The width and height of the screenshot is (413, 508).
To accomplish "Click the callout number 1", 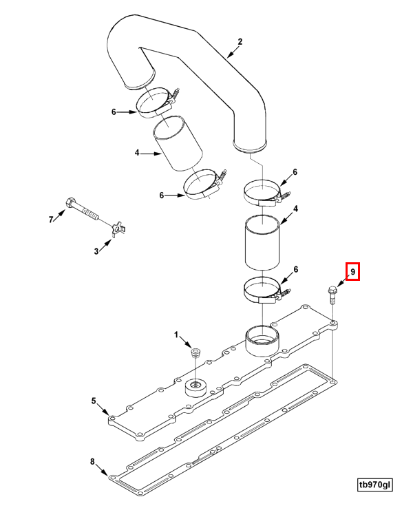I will coord(176,335).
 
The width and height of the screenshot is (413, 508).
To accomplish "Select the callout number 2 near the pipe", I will coord(240,42).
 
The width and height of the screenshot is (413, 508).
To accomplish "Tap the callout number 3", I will coord(96,252).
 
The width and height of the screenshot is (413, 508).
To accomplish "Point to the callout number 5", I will coord(94,400).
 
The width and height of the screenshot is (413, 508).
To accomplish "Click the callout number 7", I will coord(50,220).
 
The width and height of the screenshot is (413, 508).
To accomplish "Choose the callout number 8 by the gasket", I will coord(93,461).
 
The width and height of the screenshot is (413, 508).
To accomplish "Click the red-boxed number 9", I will coord(352,273).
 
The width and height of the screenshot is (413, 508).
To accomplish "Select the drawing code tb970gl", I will coord(374,485).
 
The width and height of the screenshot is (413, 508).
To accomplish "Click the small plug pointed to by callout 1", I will coord(195,354).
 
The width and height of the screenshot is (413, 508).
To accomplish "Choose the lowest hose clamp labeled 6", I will coord(264,290).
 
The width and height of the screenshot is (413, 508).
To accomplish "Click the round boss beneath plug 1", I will coord(195,388).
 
